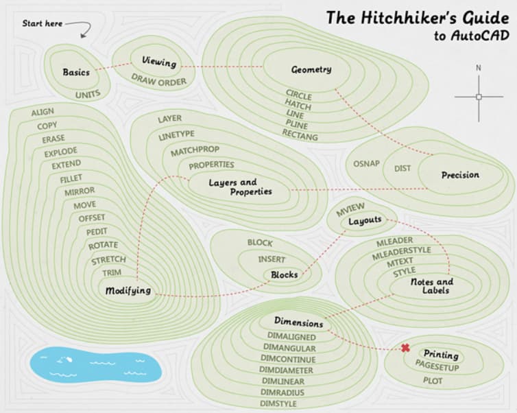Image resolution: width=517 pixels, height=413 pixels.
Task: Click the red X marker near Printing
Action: pos(405,348)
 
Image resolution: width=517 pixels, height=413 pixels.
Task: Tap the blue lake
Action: pos(95,364)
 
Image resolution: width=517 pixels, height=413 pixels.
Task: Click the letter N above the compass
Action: pos(479,68)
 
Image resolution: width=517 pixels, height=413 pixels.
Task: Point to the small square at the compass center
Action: pos(479,97)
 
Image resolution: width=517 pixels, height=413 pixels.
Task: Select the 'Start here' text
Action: pos(43,23)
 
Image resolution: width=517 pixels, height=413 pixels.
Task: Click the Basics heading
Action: pos(76,72)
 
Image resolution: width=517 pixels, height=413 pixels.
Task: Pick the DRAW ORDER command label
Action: pos(159,80)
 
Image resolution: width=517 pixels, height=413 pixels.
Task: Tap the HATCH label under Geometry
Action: pos(298,104)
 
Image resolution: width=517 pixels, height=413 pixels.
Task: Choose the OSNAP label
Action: pos(366,163)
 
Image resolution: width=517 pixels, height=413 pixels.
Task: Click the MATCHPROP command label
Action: pos(195,151)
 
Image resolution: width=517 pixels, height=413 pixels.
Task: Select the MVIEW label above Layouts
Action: pos(350,209)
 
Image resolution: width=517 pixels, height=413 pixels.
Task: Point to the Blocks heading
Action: pos(285,274)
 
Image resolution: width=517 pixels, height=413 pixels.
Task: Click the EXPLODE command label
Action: pos(60,152)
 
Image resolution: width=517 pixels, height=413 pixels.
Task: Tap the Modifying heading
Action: pos(128,291)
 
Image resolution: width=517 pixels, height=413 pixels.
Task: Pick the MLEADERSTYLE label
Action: pos(402,253)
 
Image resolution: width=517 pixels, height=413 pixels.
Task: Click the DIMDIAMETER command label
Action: pos(286,370)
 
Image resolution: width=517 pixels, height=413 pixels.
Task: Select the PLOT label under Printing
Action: pos(433,381)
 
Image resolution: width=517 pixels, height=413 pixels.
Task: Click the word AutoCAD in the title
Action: pos(480,35)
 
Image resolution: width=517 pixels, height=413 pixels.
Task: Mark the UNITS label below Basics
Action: pos(88,95)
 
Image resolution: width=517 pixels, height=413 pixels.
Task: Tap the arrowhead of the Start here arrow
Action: pos(83,36)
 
